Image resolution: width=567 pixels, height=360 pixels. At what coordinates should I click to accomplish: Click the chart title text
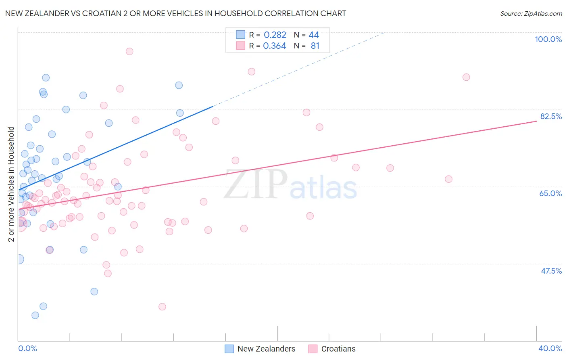[175, 13]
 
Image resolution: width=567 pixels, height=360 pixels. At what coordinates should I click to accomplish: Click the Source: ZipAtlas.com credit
[531, 13]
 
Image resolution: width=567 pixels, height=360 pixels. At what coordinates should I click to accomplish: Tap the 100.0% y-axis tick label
[548, 39]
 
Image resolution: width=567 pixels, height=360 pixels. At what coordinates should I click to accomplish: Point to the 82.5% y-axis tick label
[551, 116]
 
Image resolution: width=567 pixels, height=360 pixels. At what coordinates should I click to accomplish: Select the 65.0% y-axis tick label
[550, 193]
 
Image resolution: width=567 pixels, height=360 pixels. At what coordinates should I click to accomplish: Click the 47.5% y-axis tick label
[551, 271]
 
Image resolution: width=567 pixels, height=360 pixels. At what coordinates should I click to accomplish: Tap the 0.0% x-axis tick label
[27, 348]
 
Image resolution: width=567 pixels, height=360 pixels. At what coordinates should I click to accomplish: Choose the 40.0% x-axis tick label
[550, 348]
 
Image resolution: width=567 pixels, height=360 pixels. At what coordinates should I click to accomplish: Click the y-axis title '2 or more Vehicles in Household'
[11, 184]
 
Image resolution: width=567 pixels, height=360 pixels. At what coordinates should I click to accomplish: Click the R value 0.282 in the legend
[275, 35]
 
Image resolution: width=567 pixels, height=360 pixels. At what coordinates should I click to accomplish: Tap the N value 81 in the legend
[315, 46]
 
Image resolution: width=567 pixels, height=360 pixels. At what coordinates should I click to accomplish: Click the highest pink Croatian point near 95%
[129, 51]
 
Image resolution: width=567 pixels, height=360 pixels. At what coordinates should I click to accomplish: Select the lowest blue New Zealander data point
[35, 315]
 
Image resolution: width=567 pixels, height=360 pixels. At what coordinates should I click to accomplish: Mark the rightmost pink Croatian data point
[466, 77]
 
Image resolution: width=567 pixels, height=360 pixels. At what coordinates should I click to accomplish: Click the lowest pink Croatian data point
[162, 307]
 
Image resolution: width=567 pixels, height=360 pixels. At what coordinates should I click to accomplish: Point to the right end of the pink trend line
[536, 121]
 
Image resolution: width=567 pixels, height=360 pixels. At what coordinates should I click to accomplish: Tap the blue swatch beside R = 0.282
[241, 35]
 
